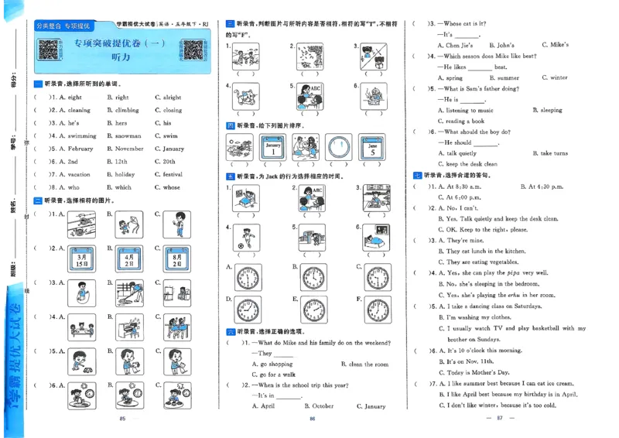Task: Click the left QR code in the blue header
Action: (50, 51)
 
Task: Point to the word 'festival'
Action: (173, 174)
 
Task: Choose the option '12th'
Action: (121, 161)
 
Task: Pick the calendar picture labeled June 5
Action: (372, 147)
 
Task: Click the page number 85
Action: (122, 419)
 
